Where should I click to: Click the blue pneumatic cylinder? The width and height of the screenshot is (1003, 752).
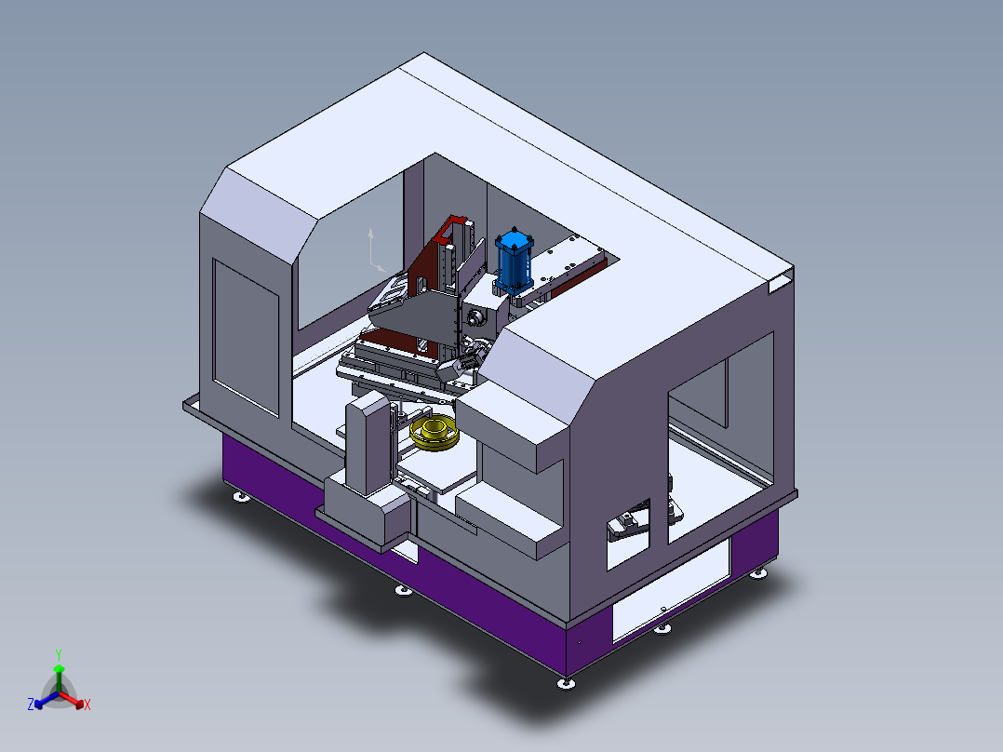point(513,262)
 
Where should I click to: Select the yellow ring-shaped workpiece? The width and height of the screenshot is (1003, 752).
point(435,434)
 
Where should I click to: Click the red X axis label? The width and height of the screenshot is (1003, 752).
point(87,705)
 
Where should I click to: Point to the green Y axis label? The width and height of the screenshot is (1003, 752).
point(58,654)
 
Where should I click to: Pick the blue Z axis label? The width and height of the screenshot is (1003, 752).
point(31,705)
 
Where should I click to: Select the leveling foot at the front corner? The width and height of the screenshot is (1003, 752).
point(565,684)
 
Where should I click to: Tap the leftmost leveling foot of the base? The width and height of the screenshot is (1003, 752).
point(240,497)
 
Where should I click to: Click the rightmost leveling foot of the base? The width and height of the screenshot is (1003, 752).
point(759,574)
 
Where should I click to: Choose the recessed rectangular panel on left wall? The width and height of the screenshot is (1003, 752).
point(246,335)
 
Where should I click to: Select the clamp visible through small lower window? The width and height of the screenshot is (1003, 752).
point(627,524)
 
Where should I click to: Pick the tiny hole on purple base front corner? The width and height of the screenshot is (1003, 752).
point(578,641)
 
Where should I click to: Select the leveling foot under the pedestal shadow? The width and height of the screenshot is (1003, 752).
point(402,590)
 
